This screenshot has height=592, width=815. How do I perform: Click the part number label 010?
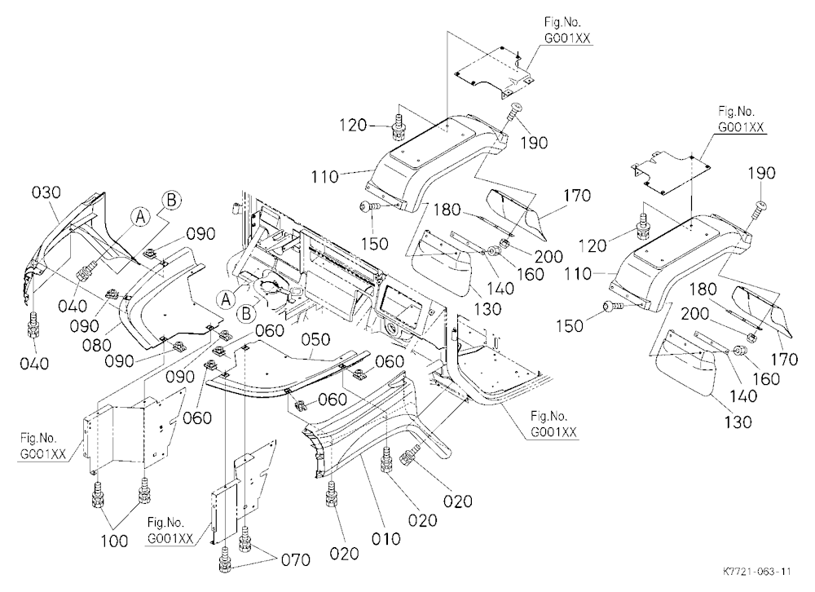385,538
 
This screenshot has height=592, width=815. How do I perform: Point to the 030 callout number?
46,192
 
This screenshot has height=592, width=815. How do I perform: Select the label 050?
316,340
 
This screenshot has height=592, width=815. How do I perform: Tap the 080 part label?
97,345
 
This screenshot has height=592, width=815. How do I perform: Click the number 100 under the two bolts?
114,541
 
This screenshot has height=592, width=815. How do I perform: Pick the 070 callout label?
295,560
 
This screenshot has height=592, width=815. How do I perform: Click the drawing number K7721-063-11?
757,571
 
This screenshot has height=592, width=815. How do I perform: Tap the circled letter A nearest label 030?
140,217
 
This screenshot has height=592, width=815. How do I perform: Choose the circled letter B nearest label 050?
246,314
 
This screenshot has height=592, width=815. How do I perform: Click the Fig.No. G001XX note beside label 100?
43,446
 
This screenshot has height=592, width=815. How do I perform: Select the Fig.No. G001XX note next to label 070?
171,530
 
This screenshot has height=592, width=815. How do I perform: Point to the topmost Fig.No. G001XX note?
567,29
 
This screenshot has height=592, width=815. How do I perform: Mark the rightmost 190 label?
761,173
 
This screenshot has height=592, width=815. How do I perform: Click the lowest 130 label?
738,422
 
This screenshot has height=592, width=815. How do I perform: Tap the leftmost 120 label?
354,126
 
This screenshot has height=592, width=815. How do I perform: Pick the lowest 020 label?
344,554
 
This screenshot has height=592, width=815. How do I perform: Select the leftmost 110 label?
325,177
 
